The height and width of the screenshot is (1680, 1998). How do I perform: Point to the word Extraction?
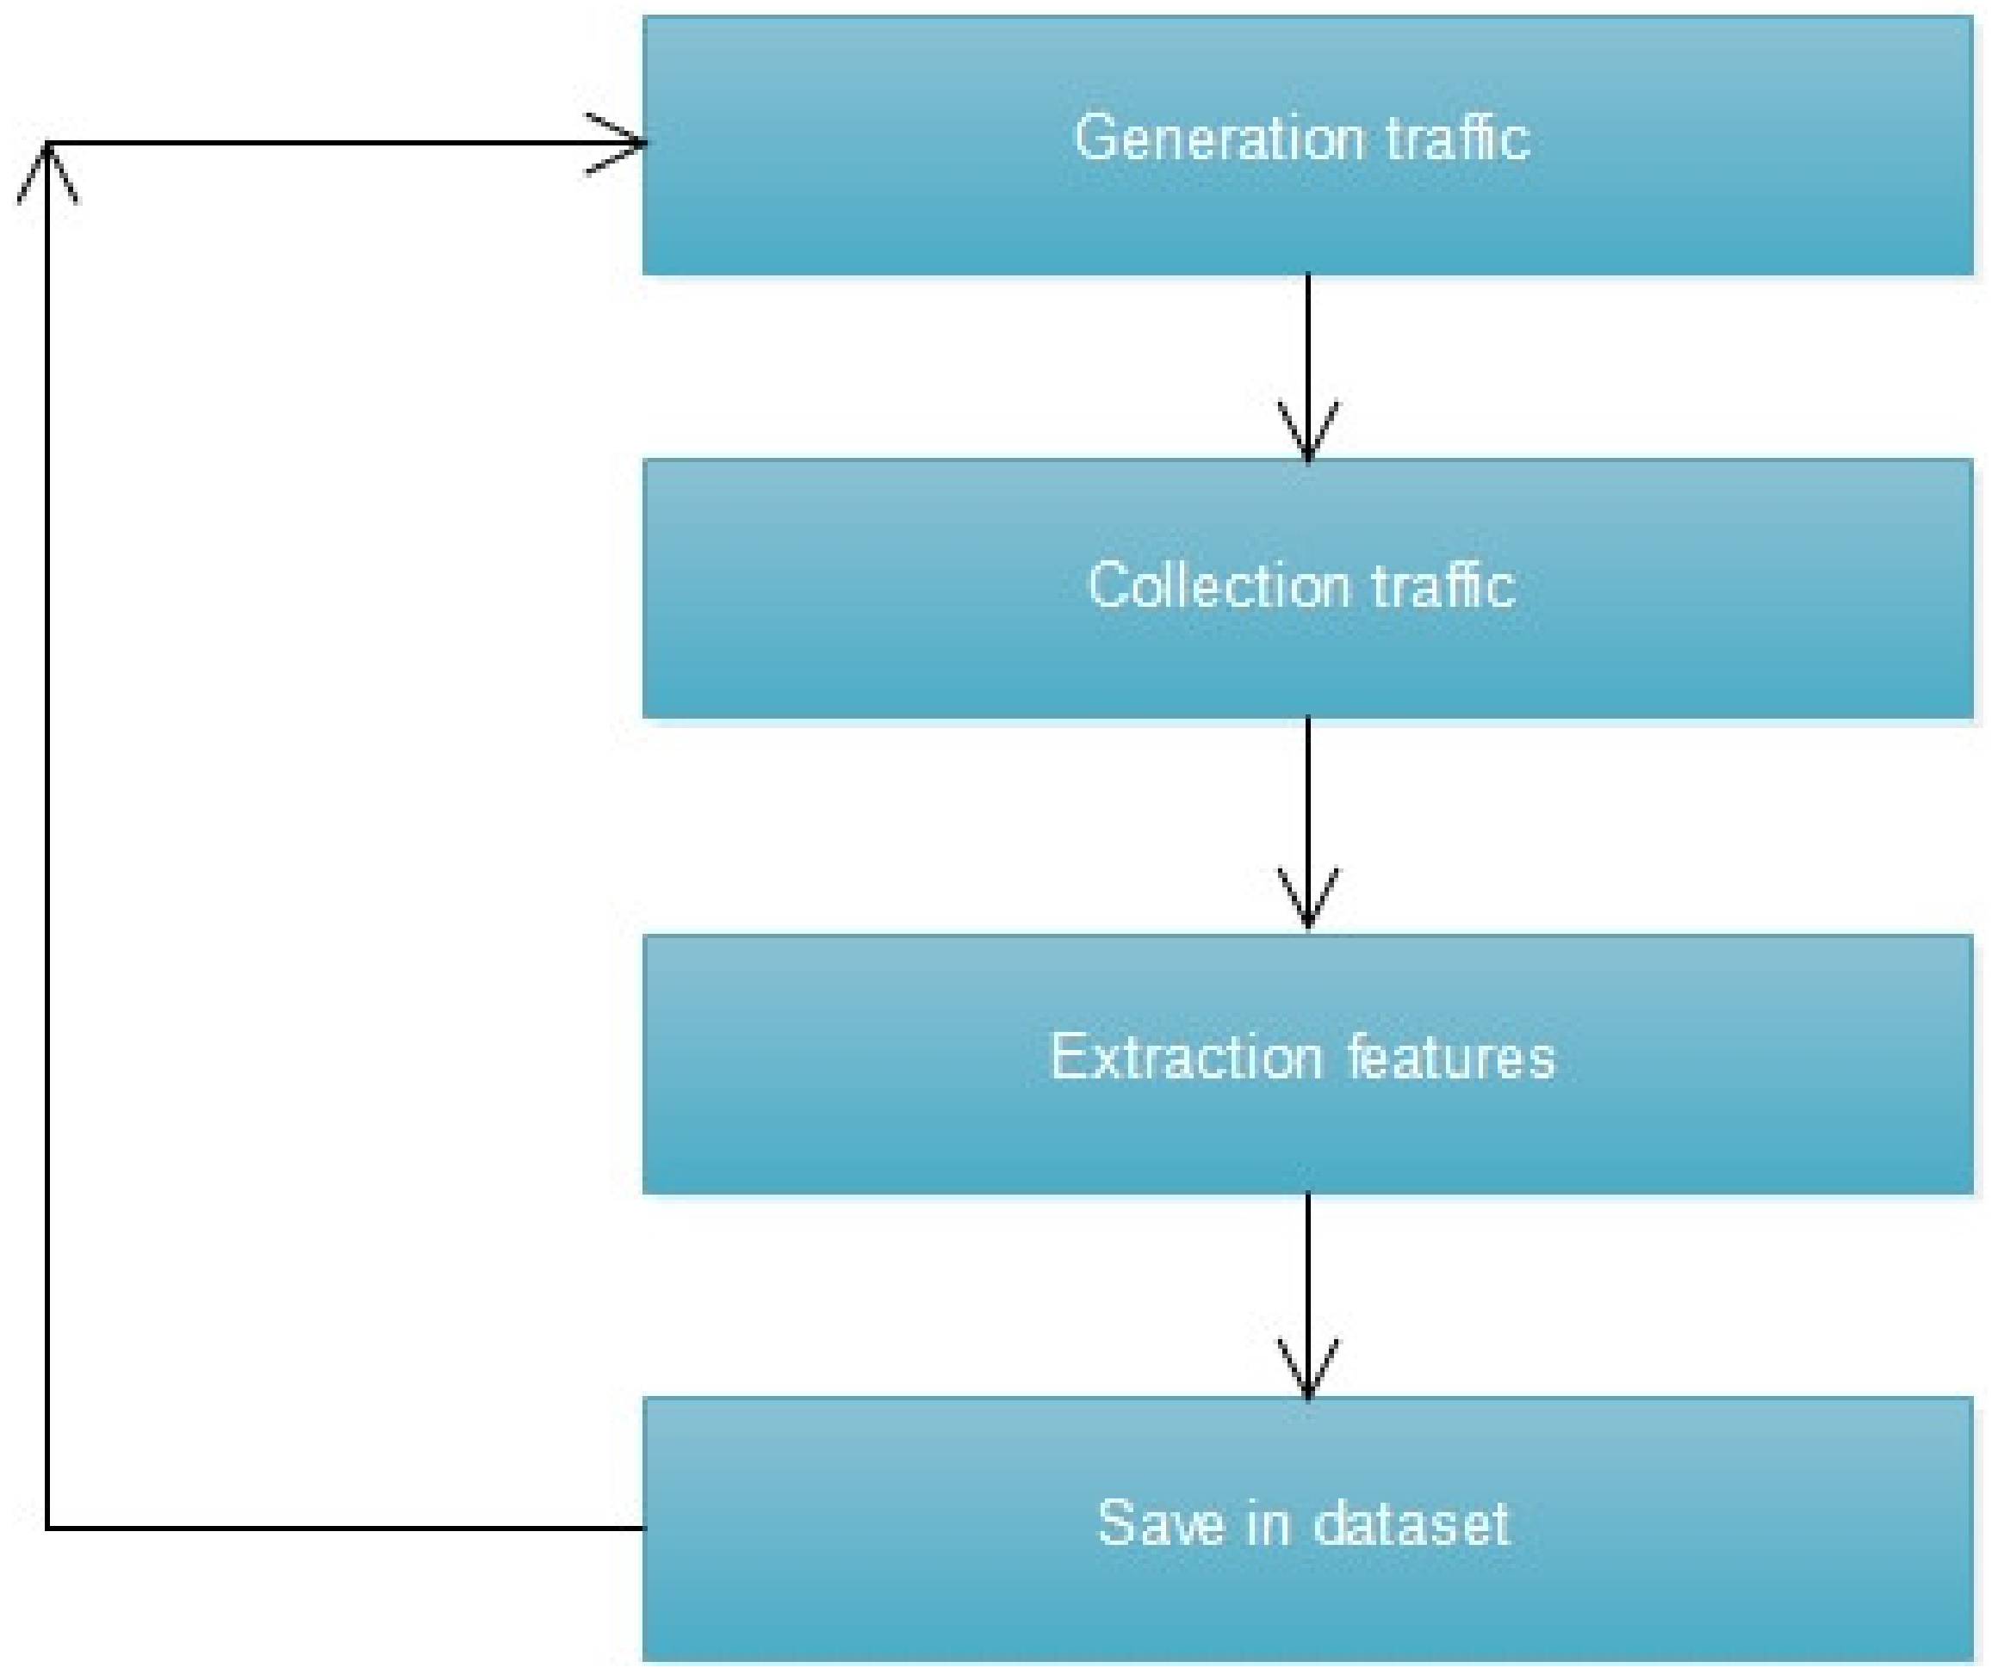(1186, 1056)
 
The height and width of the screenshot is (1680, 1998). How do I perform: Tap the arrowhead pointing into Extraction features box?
(1307, 900)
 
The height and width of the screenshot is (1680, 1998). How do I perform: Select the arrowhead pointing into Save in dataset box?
(1307, 1371)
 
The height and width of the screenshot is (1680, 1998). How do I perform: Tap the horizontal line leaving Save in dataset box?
(343, 1528)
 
